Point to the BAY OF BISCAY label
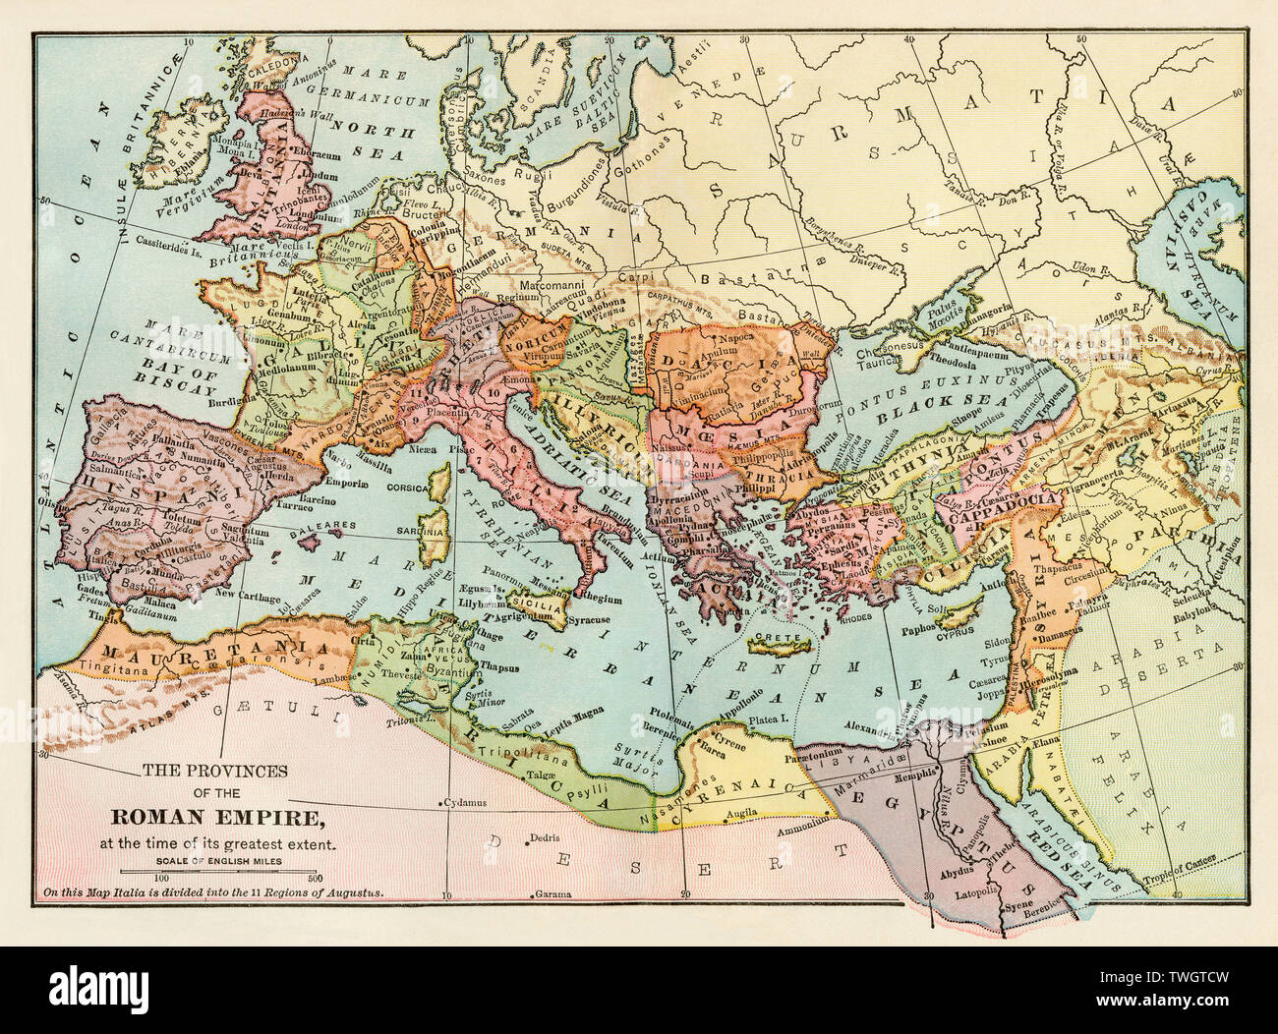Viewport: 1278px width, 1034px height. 192,364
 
